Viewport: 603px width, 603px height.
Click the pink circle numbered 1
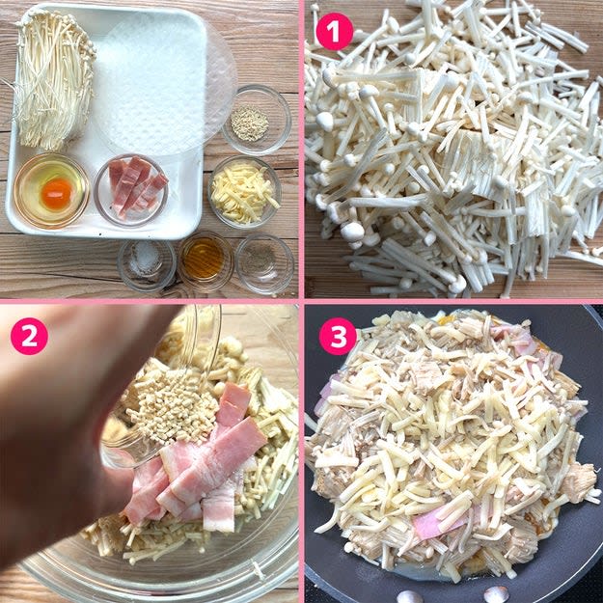[335, 32]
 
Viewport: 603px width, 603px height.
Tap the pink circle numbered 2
[29, 336]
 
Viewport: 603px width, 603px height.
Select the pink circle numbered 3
[338, 337]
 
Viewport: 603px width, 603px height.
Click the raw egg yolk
[57, 193]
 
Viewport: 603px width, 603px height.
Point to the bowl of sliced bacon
[131, 190]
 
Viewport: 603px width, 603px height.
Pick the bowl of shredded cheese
[245, 192]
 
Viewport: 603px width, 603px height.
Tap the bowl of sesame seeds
[256, 120]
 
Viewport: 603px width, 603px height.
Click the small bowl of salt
[147, 265]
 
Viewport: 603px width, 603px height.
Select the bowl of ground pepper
[264, 264]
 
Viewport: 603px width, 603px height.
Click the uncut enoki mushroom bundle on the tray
[54, 79]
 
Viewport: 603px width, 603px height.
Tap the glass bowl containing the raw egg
[51, 191]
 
